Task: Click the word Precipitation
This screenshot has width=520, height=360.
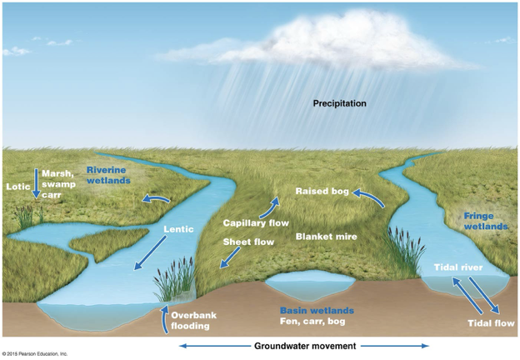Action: [x=339, y=103]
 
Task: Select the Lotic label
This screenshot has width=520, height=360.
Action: [x=17, y=186]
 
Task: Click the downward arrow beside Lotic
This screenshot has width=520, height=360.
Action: [x=36, y=182]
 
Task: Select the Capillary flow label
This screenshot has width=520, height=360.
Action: [x=255, y=222]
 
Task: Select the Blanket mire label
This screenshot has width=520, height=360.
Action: [x=327, y=237]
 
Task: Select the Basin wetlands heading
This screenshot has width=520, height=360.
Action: [x=310, y=310]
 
